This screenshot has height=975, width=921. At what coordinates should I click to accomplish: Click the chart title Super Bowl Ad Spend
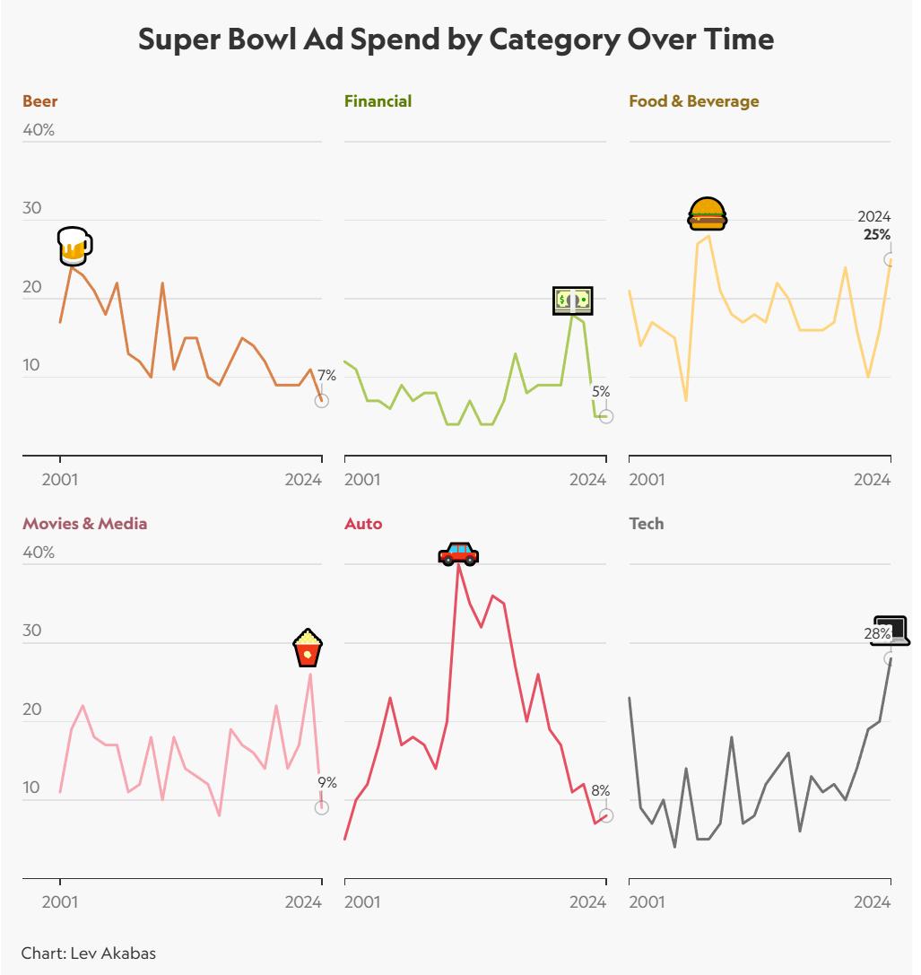(456, 40)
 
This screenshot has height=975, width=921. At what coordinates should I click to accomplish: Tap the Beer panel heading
(40, 101)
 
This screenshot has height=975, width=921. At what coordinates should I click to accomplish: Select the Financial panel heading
(378, 101)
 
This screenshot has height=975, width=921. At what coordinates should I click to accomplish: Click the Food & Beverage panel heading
(693, 101)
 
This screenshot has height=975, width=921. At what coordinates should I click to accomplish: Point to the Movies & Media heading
(84, 524)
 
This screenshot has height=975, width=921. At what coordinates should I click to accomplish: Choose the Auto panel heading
(363, 524)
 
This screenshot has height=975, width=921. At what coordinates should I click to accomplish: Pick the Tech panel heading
(647, 524)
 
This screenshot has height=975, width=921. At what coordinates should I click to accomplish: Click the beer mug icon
(74, 246)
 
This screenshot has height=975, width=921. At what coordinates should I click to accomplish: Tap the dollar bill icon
(572, 300)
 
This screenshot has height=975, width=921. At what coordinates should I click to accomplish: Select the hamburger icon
(708, 213)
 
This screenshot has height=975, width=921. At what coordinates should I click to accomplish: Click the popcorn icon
(308, 649)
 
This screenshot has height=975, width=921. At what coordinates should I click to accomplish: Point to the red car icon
(458, 553)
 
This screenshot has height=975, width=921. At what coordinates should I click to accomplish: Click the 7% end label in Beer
(326, 375)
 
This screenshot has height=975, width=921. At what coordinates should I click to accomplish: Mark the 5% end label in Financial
(601, 392)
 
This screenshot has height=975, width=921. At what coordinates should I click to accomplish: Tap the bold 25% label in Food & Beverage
(877, 235)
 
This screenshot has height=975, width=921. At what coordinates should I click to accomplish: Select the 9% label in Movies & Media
(327, 783)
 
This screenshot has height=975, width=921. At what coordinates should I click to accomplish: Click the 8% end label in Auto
(600, 791)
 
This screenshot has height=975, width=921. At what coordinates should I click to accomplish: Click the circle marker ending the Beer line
(321, 401)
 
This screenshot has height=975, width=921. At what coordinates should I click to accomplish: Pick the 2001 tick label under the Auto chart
(362, 902)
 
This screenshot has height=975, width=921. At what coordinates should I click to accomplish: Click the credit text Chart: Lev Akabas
(83, 953)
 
